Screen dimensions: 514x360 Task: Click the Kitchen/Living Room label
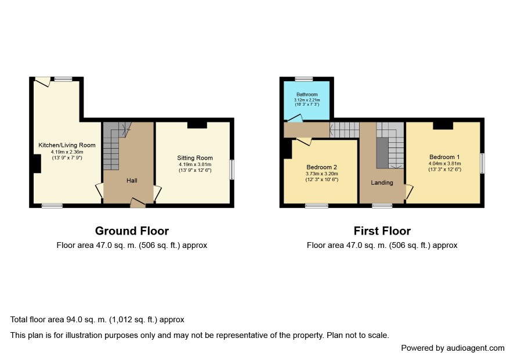pos(67,145)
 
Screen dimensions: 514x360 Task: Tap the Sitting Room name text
pos(195,158)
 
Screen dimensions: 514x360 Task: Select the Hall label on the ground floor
pos(132,181)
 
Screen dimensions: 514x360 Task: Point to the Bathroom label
pos(307,95)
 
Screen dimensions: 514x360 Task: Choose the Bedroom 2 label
pos(321,167)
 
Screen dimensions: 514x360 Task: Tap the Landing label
pos(382,182)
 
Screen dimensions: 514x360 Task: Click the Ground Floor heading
pos(132,231)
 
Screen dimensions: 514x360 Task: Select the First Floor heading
pos(382,231)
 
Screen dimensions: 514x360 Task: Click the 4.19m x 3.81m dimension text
pos(195,164)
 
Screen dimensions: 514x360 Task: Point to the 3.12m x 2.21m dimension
pos(307,100)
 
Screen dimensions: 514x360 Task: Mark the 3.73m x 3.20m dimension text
pos(321,174)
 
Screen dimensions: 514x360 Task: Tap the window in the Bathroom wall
pos(304,79)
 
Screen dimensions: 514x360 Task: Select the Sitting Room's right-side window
pos(232,170)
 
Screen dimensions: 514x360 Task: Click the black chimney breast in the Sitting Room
pos(197,125)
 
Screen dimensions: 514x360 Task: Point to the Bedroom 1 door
pos(410,192)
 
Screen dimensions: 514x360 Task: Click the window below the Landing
pos(382,206)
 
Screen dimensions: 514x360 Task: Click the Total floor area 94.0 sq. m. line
pos(97,319)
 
